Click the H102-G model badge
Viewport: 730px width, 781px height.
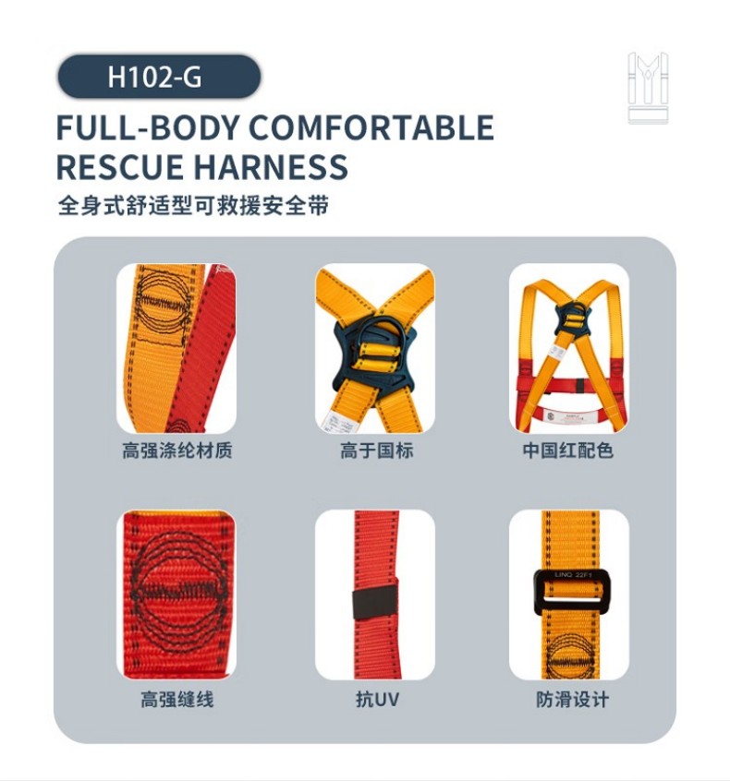tap(158, 77)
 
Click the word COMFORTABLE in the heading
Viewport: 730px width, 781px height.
tap(371, 127)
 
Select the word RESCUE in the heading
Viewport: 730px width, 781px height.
tap(118, 167)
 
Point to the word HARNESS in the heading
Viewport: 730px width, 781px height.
tap(271, 167)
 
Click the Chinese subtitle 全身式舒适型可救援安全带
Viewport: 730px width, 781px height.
tap(192, 206)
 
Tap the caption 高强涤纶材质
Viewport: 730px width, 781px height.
tap(176, 451)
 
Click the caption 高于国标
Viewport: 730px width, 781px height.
tap(376, 451)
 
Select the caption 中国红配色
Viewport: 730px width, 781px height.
tap(567, 451)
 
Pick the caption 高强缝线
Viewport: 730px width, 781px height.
tap(176, 700)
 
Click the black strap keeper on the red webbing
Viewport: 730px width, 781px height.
tap(374, 603)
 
